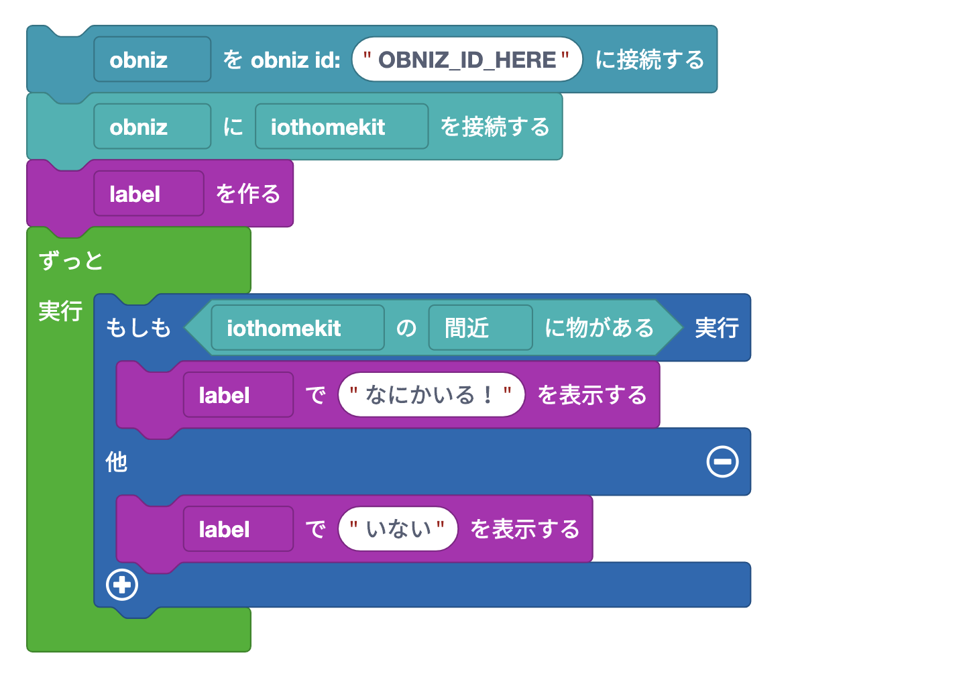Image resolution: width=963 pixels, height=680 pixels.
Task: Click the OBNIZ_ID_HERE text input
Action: (467, 60)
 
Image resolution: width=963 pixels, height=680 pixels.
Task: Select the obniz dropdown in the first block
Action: (152, 60)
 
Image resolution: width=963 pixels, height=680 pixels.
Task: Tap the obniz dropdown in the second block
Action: (152, 127)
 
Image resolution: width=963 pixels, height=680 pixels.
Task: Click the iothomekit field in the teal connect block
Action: (341, 127)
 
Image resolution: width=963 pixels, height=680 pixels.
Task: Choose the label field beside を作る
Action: (148, 194)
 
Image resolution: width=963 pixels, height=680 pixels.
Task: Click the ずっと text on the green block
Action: (71, 260)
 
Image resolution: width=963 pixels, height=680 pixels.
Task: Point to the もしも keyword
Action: (139, 328)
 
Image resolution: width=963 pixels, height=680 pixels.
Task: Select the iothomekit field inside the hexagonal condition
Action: (297, 328)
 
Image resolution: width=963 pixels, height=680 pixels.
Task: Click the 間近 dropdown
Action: (480, 328)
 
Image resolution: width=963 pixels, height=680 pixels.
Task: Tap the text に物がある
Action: (599, 328)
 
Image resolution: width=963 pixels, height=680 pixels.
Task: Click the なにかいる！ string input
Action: (431, 395)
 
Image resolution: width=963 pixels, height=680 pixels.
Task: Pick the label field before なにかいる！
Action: (238, 395)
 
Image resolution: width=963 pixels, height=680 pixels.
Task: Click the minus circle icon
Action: (722, 462)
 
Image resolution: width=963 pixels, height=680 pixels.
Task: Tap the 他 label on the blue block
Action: (117, 462)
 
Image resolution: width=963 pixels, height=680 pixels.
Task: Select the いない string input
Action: (398, 529)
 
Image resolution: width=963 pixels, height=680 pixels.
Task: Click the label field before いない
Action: (238, 529)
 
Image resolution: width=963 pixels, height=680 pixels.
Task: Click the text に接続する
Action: (649, 60)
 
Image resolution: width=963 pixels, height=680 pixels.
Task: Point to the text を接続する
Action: (494, 127)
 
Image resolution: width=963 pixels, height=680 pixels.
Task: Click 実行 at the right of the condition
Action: (716, 328)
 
